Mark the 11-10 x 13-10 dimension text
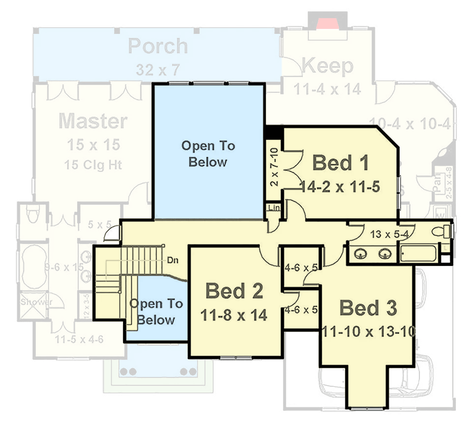[x=369, y=331]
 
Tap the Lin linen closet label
[x=273, y=207]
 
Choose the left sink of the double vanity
[x=361, y=254]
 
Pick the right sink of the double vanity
[x=384, y=254]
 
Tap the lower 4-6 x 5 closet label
[x=301, y=309]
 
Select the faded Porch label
[x=158, y=46]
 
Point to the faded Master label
[x=93, y=121]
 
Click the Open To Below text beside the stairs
[x=156, y=312]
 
